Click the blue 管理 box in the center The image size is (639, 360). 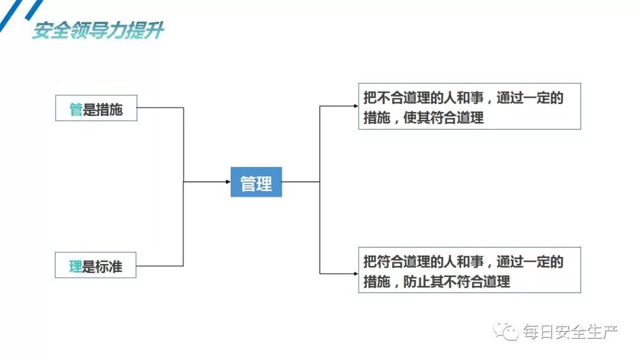pyautogui.click(x=256, y=182)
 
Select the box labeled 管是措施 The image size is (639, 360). pyautogui.click(x=96, y=108)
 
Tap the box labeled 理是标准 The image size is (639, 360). pyautogui.click(x=96, y=266)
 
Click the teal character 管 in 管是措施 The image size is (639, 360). pyautogui.click(x=76, y=109)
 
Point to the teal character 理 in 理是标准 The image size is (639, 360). pyautogui.click(x=76, y=266)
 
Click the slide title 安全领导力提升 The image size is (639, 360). pyautogui.click(x=98, y=31)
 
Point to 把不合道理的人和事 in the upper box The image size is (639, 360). pyautogui.click(x=424, y=98)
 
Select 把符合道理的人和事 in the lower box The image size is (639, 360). pyautogui.click(x=424, y=262)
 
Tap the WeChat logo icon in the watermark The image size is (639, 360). pyautogui.click(x=507, y=332)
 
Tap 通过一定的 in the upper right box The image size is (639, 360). pyautogui.click(x=530, y=98)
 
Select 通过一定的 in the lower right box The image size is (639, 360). pyautogui.click(x=530, y=262)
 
